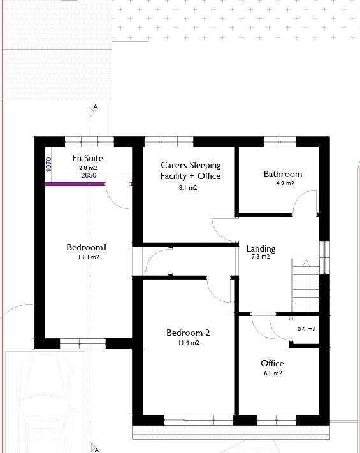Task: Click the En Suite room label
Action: coord(87,158)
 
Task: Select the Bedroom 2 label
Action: coord(188,333)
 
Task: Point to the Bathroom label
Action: coord(283,174)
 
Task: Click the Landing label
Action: coord(261,248)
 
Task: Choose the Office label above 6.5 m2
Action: coord(272,363)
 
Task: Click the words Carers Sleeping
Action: coord(191,165)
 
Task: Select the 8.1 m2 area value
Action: coord(187,188)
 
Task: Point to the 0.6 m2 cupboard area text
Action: coord(306,329)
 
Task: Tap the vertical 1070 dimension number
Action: coord(49,164)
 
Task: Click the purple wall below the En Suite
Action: coord(75,184)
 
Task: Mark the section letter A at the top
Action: coord(96,108)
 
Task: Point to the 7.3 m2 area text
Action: coord(261,257)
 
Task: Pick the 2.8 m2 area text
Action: coord(87,168)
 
